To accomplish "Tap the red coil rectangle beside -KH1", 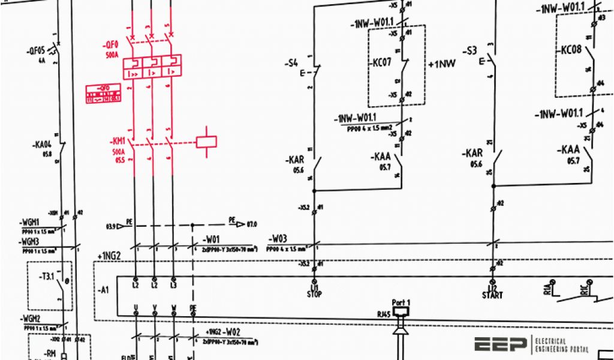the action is click(206, 141).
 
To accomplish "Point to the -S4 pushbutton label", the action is click(291, 62).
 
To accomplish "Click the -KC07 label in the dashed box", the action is click(381, 62).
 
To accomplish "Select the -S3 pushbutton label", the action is click(470, 52).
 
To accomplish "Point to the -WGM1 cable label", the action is click(31, 223).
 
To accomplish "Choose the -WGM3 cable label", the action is click(31, 241).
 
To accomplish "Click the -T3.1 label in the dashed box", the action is click(46, 276).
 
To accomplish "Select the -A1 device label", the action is click(103, 290).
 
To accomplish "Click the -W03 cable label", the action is click(278, 239).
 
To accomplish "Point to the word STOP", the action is click(314, 294).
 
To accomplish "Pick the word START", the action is click(492, 295).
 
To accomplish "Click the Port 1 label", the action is click(401, 302).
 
